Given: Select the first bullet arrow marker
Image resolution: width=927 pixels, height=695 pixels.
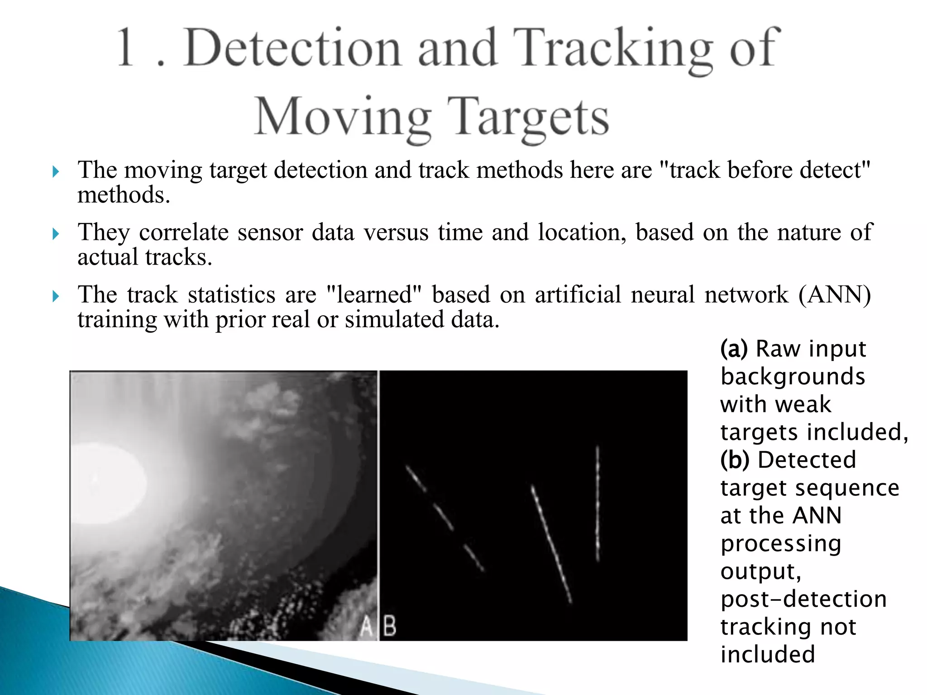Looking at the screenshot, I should pyautogui.click(x=55, y=171).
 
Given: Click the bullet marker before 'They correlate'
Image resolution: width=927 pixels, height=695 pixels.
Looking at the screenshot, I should pyautogui.click(x=55, y=234).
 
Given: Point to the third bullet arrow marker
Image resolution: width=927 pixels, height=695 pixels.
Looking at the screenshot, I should pyautogui.click(x=55, y=296).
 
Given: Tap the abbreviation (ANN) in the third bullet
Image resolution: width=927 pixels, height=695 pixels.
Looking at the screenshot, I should pyautogui.click(x=835, y=295).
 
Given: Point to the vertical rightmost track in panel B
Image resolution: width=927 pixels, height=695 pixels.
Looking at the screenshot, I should pyautogui.click(x=598, y=502).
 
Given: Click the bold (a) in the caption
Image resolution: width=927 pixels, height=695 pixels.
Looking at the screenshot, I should pyautogui.click(x=734, y=349).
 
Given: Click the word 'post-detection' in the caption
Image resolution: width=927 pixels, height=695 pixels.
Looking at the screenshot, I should pyautogui.click(x=803, y=600).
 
